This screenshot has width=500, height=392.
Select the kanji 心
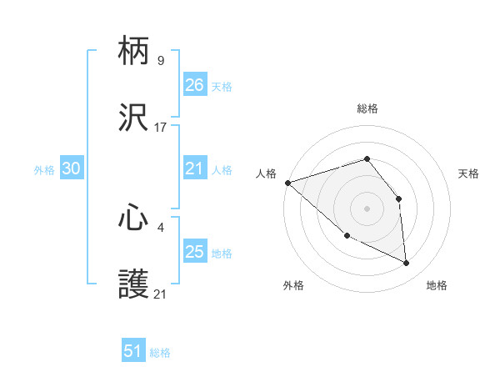[x=134, y=219]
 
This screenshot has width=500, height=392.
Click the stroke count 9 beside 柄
[x=160, y=61]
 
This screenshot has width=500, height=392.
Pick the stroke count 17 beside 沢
[x=161, y=128]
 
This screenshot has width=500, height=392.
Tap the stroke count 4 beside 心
[x=160, y=225]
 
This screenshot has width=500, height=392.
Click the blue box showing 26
[x=195, y=85]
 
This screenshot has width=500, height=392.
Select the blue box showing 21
[x=195, y=169]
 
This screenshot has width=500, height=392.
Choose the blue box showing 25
[x=195, y=252]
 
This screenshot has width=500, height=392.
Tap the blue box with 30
[x=72, y=168]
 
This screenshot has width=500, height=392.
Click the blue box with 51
[x=133, y=351]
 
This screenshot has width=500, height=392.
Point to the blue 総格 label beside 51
[x=160, y=353]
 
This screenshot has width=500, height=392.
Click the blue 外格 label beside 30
[x=44, y=170]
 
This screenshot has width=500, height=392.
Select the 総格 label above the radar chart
[x=367, y=108]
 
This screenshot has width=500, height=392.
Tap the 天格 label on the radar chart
[x=469, y=173]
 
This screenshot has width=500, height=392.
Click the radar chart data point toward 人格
[x=287, y=182]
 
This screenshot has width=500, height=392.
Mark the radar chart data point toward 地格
[x=407, y=264]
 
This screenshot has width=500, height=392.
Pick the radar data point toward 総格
[x=367, y=158]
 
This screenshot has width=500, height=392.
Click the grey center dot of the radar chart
[x=367, y=208]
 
